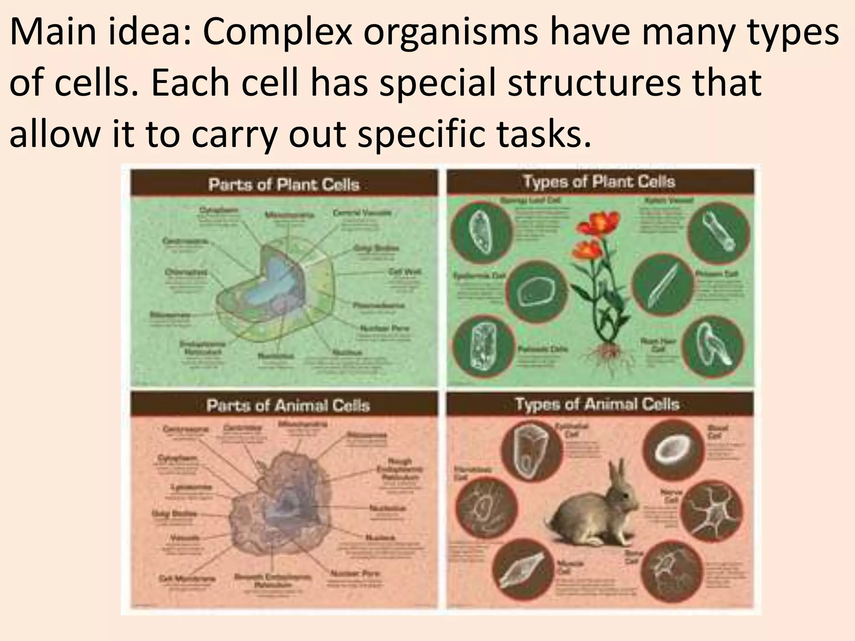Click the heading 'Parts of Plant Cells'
pos(284,184)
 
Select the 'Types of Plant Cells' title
pos(599,182)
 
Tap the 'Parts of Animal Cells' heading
pos(288,405)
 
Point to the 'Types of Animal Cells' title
pos(597,404)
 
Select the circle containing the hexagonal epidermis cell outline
pos(536,290)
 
